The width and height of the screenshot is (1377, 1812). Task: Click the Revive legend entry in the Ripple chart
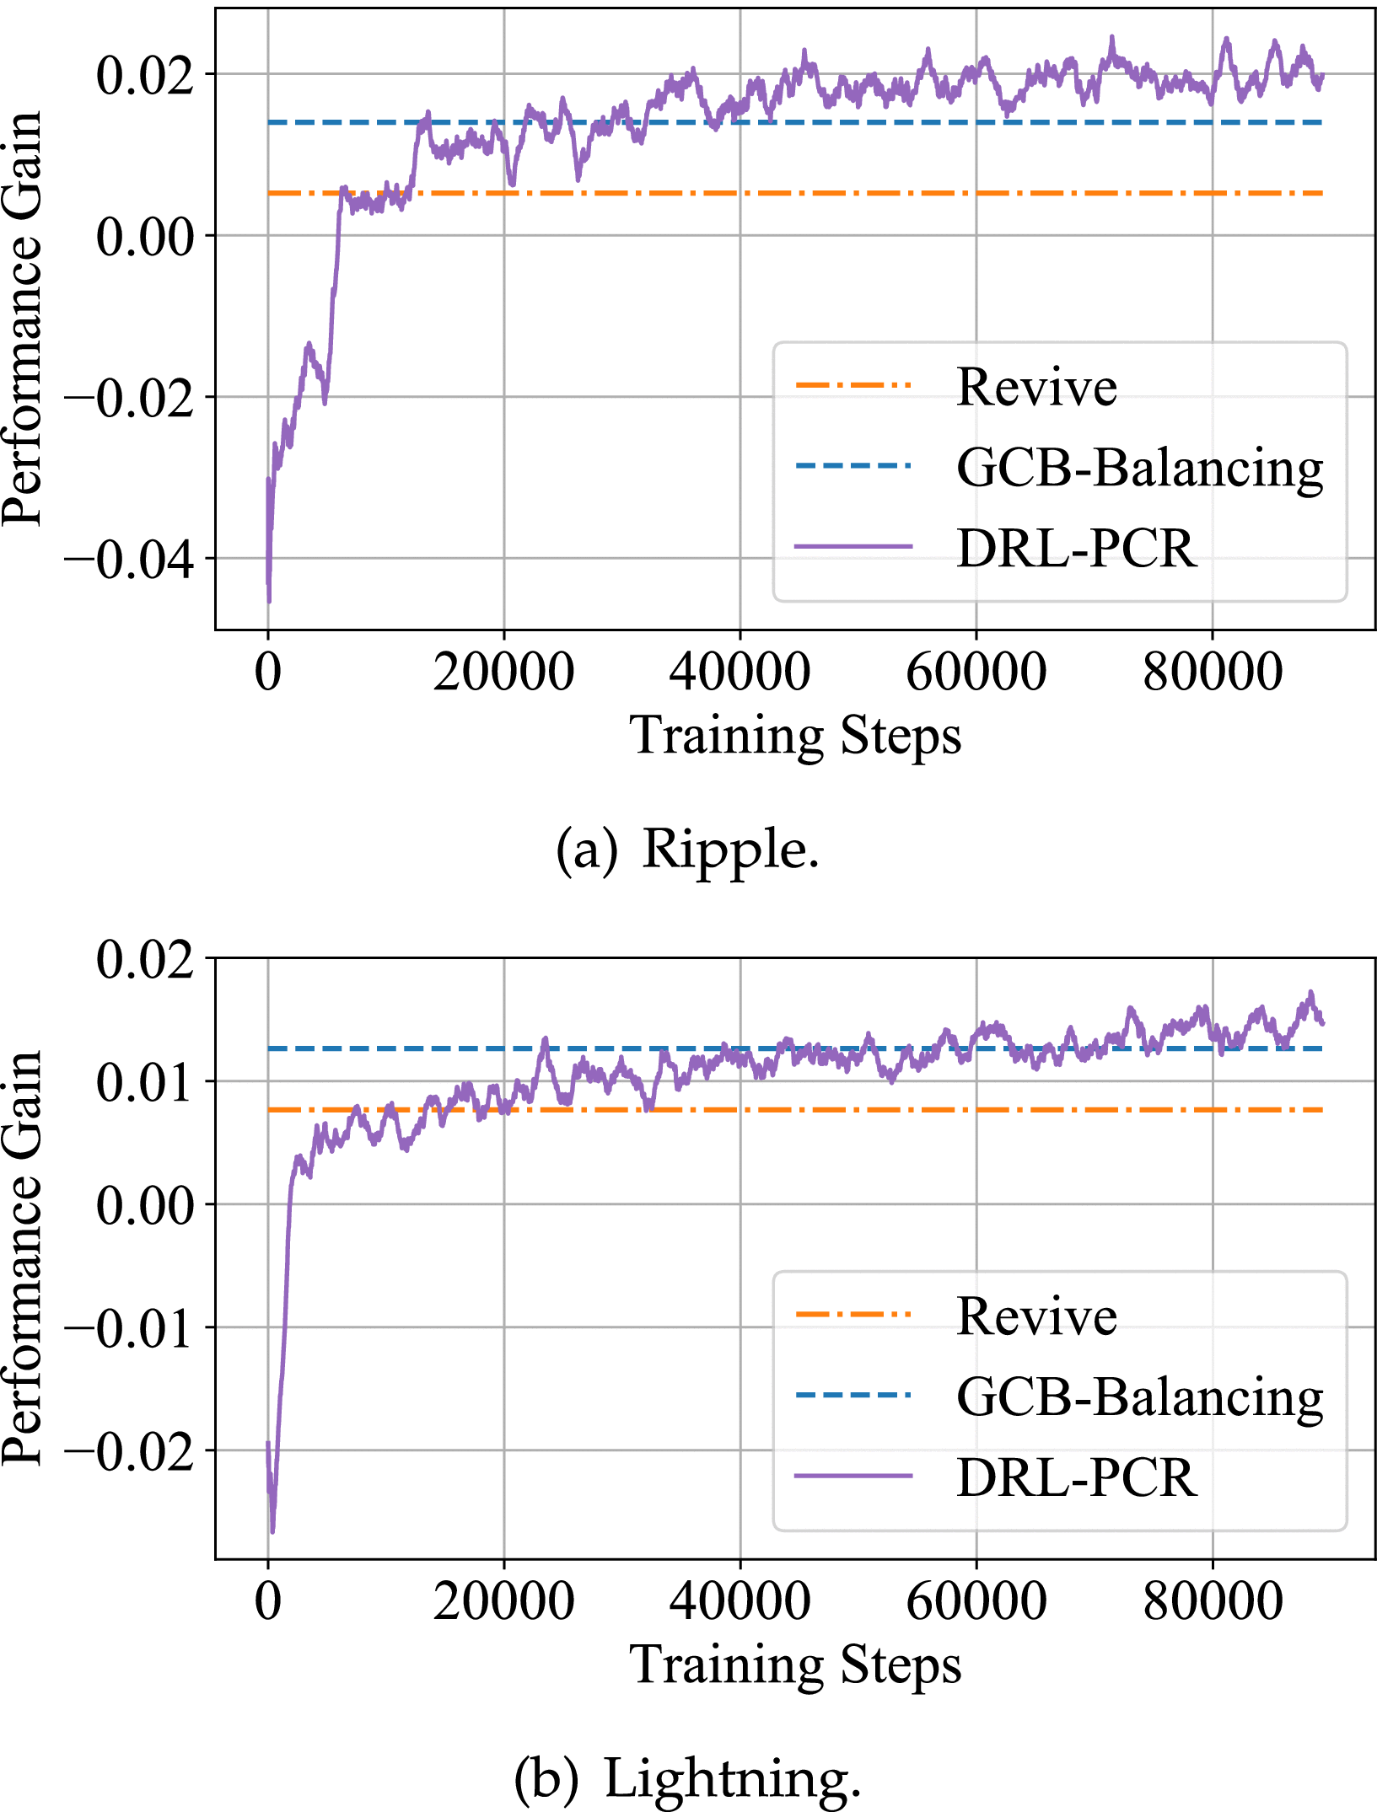1036,387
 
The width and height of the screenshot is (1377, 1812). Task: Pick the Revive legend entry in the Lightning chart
1036,1316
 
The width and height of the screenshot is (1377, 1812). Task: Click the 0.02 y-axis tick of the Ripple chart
144,75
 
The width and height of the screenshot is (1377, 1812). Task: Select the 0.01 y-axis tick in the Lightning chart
144,1081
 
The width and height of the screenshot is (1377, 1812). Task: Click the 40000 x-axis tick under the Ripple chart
740,673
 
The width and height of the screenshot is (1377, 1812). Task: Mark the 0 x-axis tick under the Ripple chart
268,673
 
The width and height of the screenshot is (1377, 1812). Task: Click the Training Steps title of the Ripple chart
795,735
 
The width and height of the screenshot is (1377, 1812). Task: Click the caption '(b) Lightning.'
687,1778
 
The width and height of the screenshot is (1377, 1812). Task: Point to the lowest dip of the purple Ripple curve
269,601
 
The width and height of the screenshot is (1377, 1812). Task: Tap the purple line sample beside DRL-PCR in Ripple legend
853,547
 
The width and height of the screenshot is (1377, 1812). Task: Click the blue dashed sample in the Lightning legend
853,1396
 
